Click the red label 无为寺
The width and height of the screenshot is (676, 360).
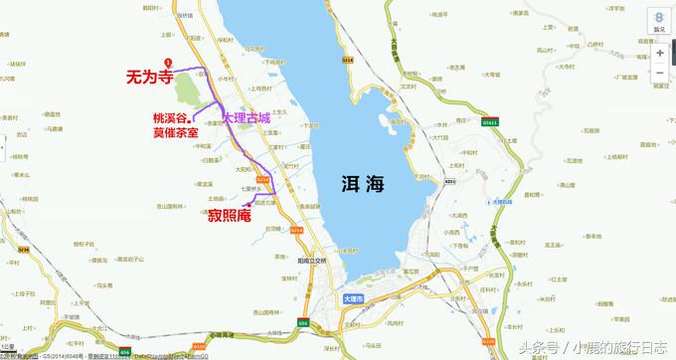pyautogui.click(x=151, y=76)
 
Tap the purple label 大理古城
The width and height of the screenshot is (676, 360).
pyautogui.click(x=253, y=117)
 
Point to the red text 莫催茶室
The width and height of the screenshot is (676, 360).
pyautogui.click(x=174, y=131)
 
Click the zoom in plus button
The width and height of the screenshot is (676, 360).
pyautogui.click(x=659, y=55)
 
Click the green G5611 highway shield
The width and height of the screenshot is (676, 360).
pyautogui.click(x=489, y=123)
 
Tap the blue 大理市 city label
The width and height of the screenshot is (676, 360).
pyautogui.click(x=353, y=298)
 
